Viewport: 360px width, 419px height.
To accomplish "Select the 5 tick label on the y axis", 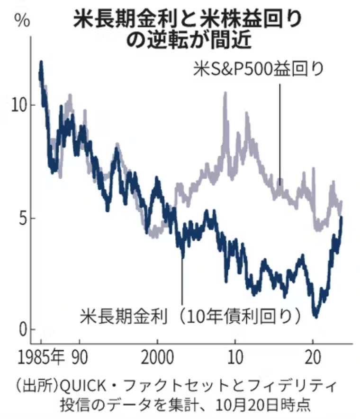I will pyautogui.click(x=22, y=219).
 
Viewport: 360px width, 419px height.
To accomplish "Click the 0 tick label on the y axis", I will pyautogui.click(x=22, y=330).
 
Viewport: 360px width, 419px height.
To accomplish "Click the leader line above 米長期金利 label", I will pyautogui.click(x=182, y=280).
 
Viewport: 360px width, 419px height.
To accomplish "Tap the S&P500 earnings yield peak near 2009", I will pyautogui.click(x=225, y=93).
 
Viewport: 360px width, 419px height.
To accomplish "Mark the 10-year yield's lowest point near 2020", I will pyautogui.click(x=315, y=316).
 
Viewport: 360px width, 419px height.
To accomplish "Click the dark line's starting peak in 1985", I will pyautogui.click(x=41, y=62).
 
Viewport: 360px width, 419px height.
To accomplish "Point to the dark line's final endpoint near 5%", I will pyautogui.click(x=342, y=217).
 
